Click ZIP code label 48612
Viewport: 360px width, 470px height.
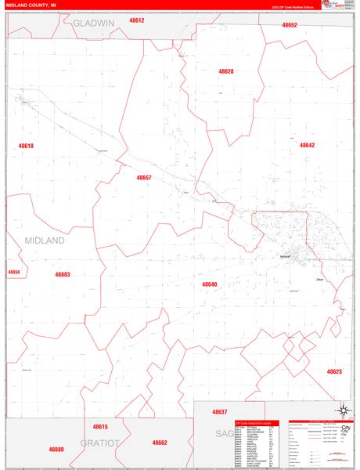coord(136,20)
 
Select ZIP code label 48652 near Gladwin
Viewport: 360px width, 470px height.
coord(290,25)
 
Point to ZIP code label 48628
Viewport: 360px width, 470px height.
coord(226,71)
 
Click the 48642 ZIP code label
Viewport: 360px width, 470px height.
coord(307,145)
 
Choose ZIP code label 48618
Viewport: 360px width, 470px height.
coord(27,146)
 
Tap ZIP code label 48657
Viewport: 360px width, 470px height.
coord(144,178)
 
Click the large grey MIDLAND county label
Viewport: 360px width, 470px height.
coord(45,240)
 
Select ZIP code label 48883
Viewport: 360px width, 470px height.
coord(63,275)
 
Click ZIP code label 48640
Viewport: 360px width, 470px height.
coord(209,284)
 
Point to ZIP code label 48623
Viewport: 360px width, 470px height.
coord(334,371)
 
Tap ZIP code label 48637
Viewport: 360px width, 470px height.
coord(219,411)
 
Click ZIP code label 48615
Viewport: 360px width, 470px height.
coord(100,426)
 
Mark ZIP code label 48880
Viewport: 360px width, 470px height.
coord(56,450)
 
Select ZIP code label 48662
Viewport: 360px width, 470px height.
coord(160,443)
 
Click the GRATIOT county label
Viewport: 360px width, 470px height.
coord(100,443)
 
